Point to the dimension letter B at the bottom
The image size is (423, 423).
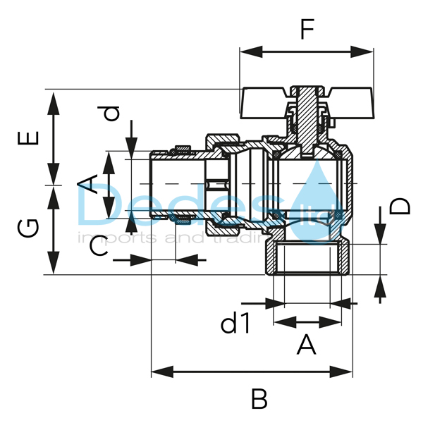(x=259, y=399)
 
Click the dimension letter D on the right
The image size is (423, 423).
(x=400, y=206)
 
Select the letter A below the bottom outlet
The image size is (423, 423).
(x=305, y=345)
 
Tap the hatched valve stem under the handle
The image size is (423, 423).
(x=306, y=116)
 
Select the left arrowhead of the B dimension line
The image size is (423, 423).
(x=157, y=369)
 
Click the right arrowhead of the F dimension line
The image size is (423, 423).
(x=368, y=51)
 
